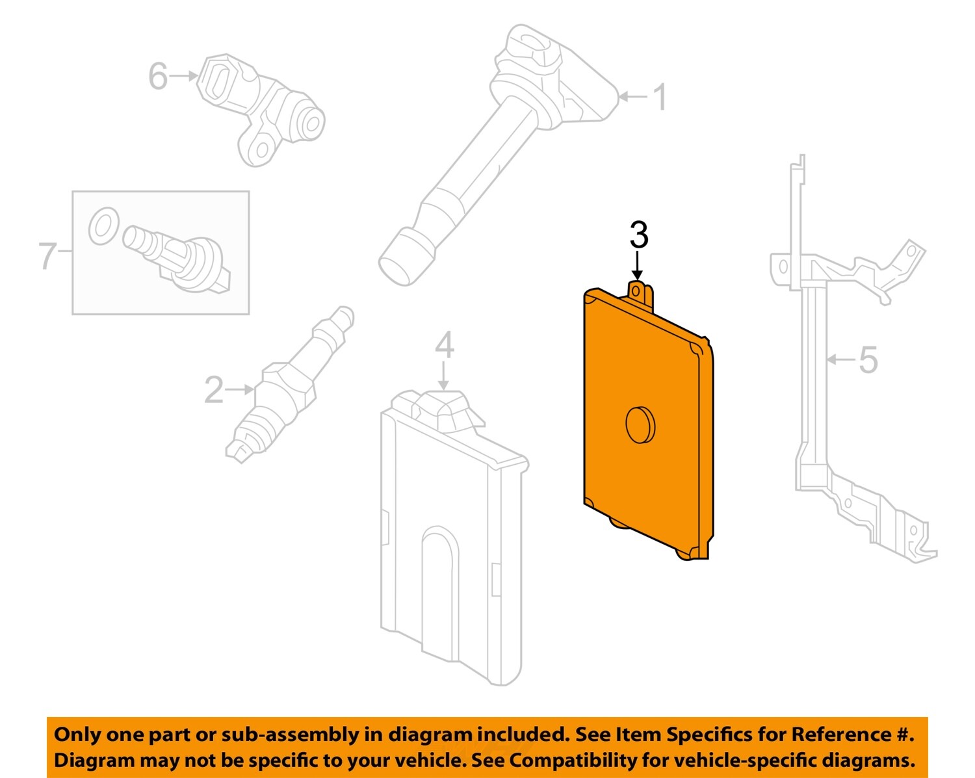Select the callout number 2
pos(214,389)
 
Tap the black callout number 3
pos(639,235)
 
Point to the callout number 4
pos(445,345)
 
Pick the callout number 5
pos(868,360)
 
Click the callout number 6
pos(158,75)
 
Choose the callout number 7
pos(48,255)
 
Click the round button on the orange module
pos(640,424)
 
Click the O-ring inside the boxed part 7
pos(104,226)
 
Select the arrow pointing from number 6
pos(183,75)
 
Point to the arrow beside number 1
pos(633,96)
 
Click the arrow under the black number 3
pos(638,266)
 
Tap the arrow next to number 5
pos(841,360)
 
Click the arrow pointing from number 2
pos(239,389)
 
